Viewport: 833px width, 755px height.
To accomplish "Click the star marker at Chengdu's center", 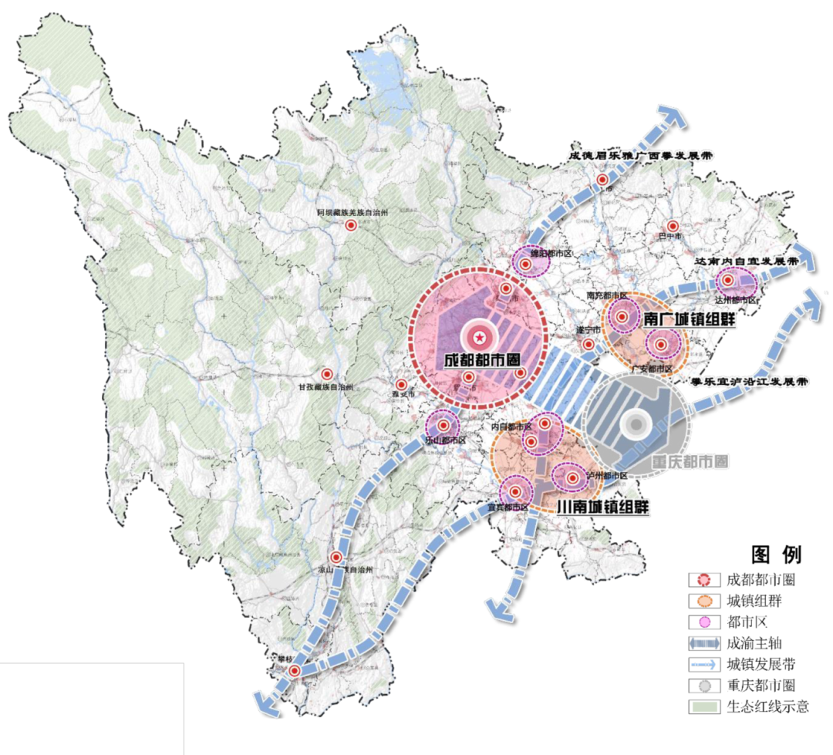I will pos(479,336).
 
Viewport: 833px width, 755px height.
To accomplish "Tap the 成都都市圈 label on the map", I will pos(480,360).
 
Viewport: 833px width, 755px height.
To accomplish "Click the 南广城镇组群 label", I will pos(688,319).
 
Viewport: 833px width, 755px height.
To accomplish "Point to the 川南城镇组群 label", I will pos(602,507).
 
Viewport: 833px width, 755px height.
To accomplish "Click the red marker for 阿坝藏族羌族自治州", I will pos(351,225).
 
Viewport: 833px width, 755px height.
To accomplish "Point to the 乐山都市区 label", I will pos(444,440).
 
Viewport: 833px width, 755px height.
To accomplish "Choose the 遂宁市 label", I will pos(588,330).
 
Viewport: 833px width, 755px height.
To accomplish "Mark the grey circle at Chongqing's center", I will pos(636,423).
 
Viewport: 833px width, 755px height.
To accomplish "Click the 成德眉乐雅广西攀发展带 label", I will pos(640,155).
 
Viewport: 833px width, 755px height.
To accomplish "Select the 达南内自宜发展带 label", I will pos(745,262).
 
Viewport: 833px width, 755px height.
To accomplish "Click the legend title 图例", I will pos(776,554).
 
